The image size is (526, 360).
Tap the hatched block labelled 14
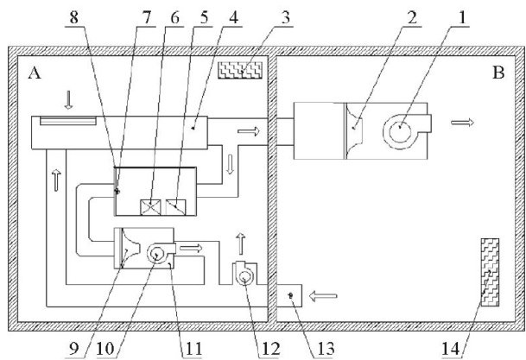[x=490, y=275]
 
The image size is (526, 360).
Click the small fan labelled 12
[x=245, y=275]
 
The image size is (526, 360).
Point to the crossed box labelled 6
[x=152, y=207]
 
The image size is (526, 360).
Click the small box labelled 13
[x=289, y=297]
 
